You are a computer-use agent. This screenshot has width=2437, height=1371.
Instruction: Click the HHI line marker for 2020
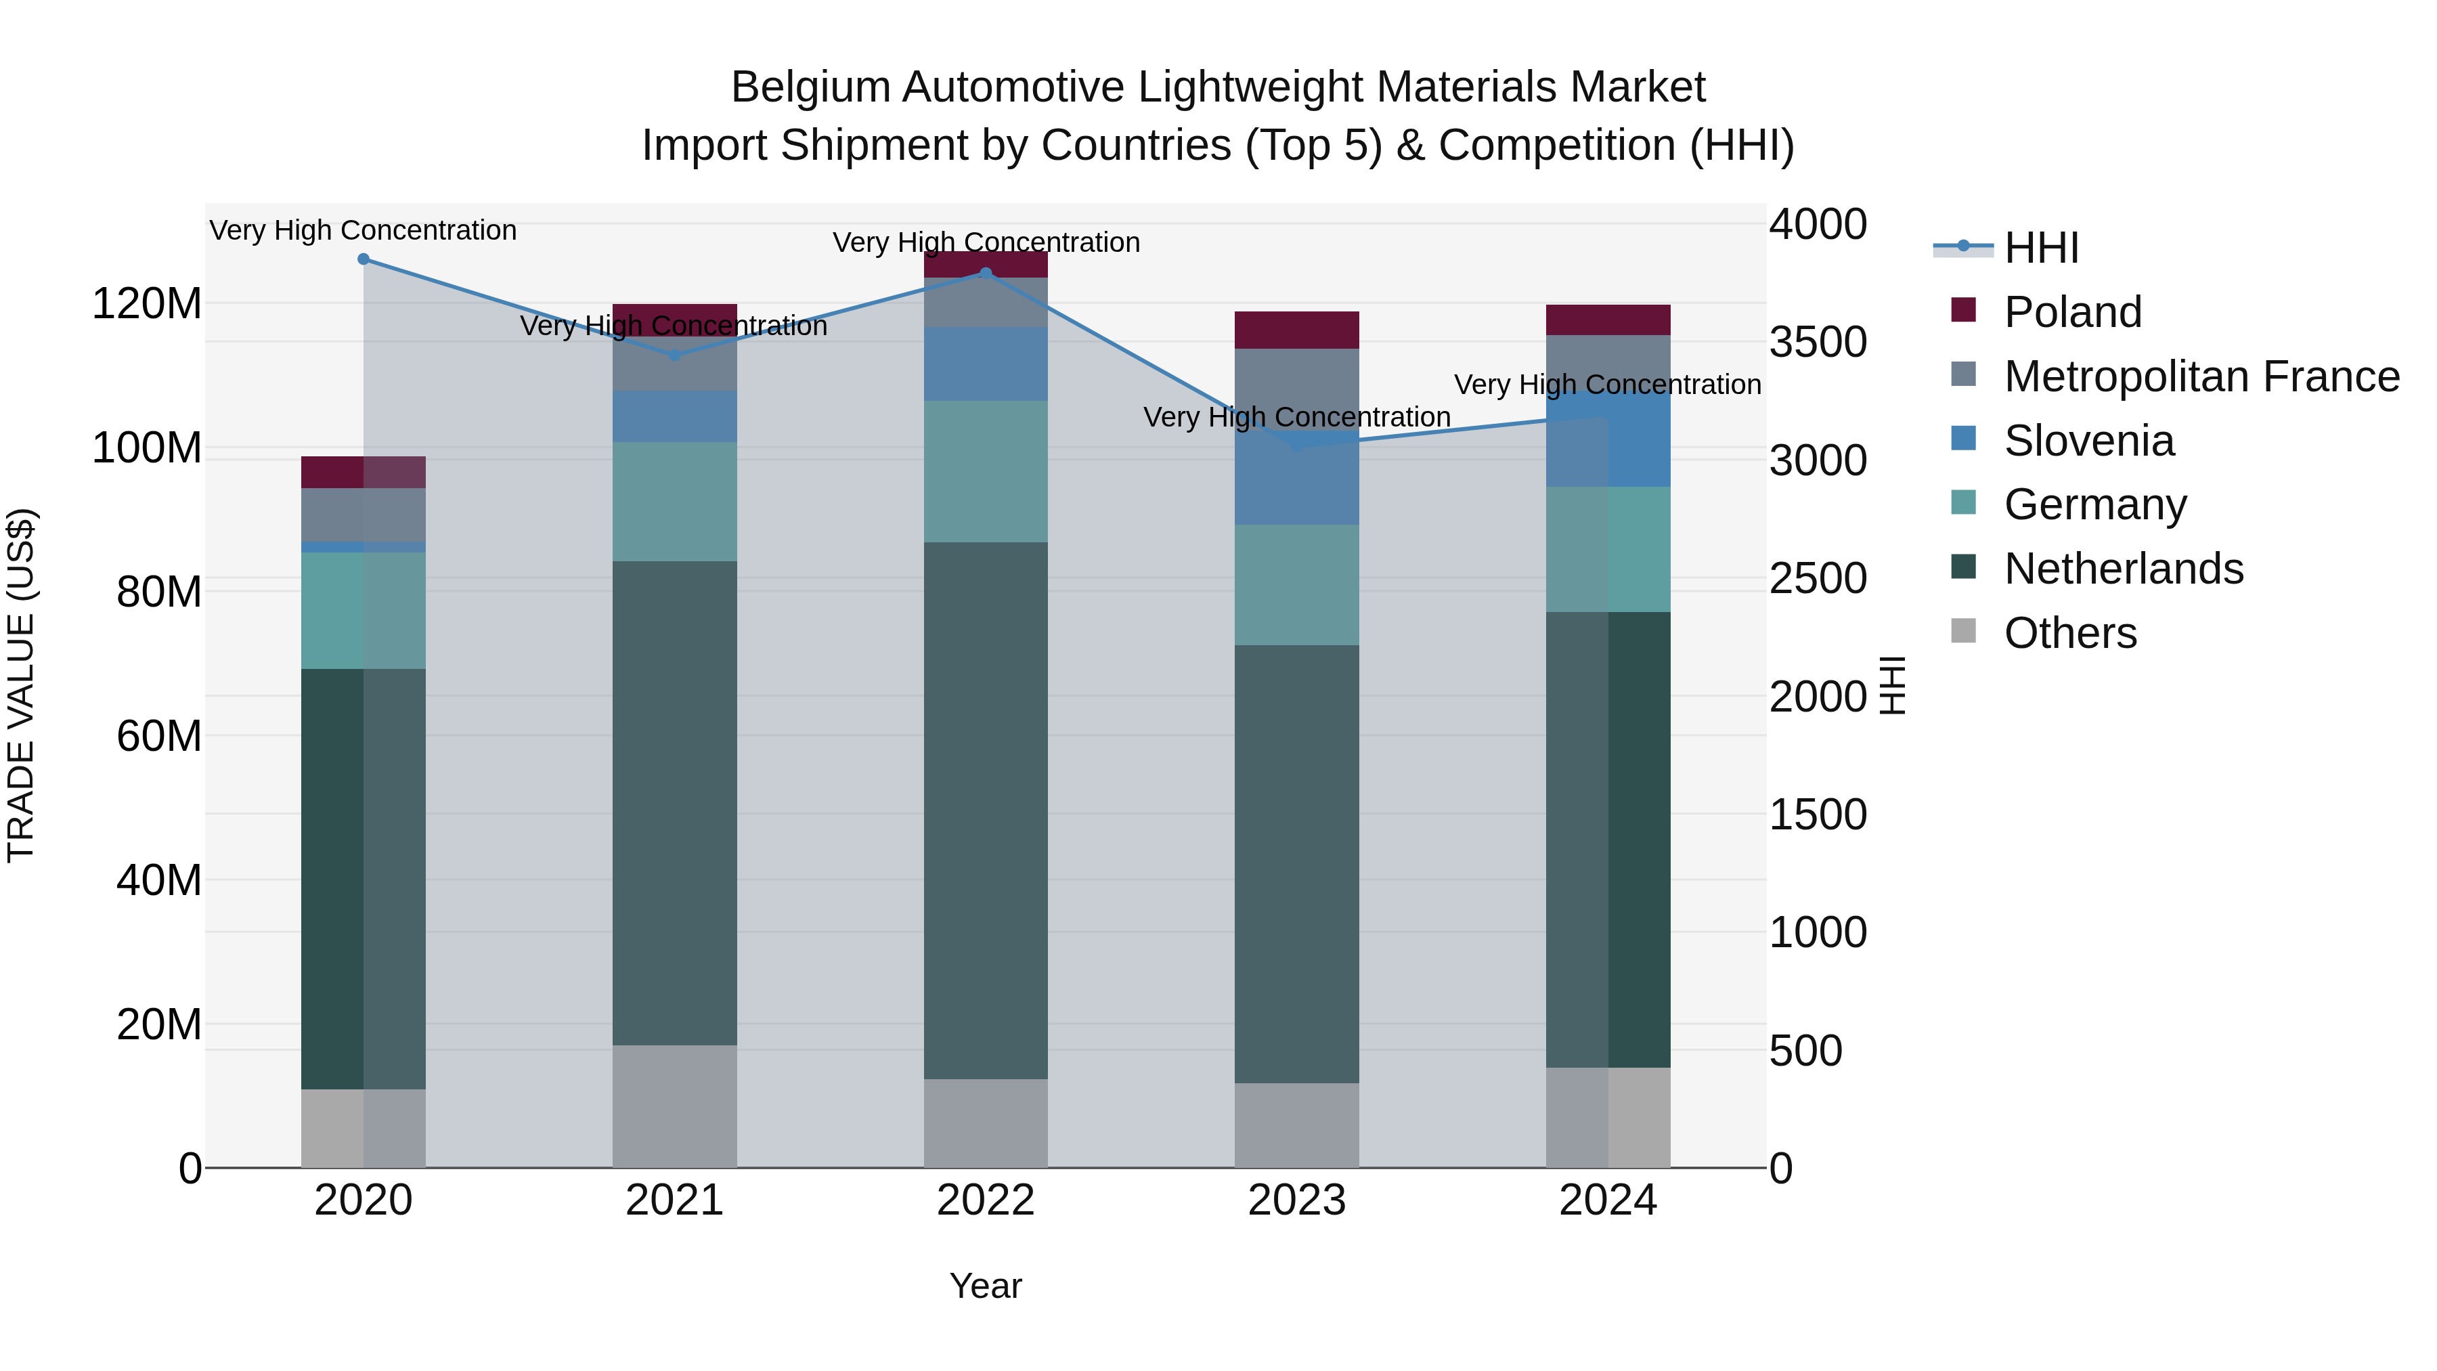(x=364, y=259)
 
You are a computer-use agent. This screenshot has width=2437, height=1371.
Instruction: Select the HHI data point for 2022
(x=986, y=274)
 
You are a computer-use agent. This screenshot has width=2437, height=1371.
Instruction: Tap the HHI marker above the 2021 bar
(x=674, y=355)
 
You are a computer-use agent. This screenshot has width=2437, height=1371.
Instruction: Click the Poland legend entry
(x=2072, y=312)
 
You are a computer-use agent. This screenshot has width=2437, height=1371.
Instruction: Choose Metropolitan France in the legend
(x=2201, y=376)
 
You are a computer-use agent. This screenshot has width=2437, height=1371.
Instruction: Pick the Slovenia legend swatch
(x=1964, y=439)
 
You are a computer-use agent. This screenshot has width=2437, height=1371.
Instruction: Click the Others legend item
(x=2070, y=633)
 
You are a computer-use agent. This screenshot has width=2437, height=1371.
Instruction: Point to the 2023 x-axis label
(x=1296, y=1200)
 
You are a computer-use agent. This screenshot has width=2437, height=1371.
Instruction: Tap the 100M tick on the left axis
(x=147, y=448)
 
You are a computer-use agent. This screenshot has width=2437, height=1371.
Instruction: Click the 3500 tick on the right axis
(x=1818, y=343)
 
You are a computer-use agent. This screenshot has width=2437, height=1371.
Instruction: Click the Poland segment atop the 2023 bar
(x=1296, y=330)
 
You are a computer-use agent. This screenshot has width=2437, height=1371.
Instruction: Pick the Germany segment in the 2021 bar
(x=674, y=502)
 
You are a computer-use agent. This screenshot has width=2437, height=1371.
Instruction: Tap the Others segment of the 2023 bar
(x=1296, y=1125)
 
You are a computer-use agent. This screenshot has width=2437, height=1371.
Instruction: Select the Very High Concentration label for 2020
(x=364, y=231)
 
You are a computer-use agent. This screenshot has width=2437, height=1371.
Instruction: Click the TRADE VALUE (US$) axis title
(x=21, y=685)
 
